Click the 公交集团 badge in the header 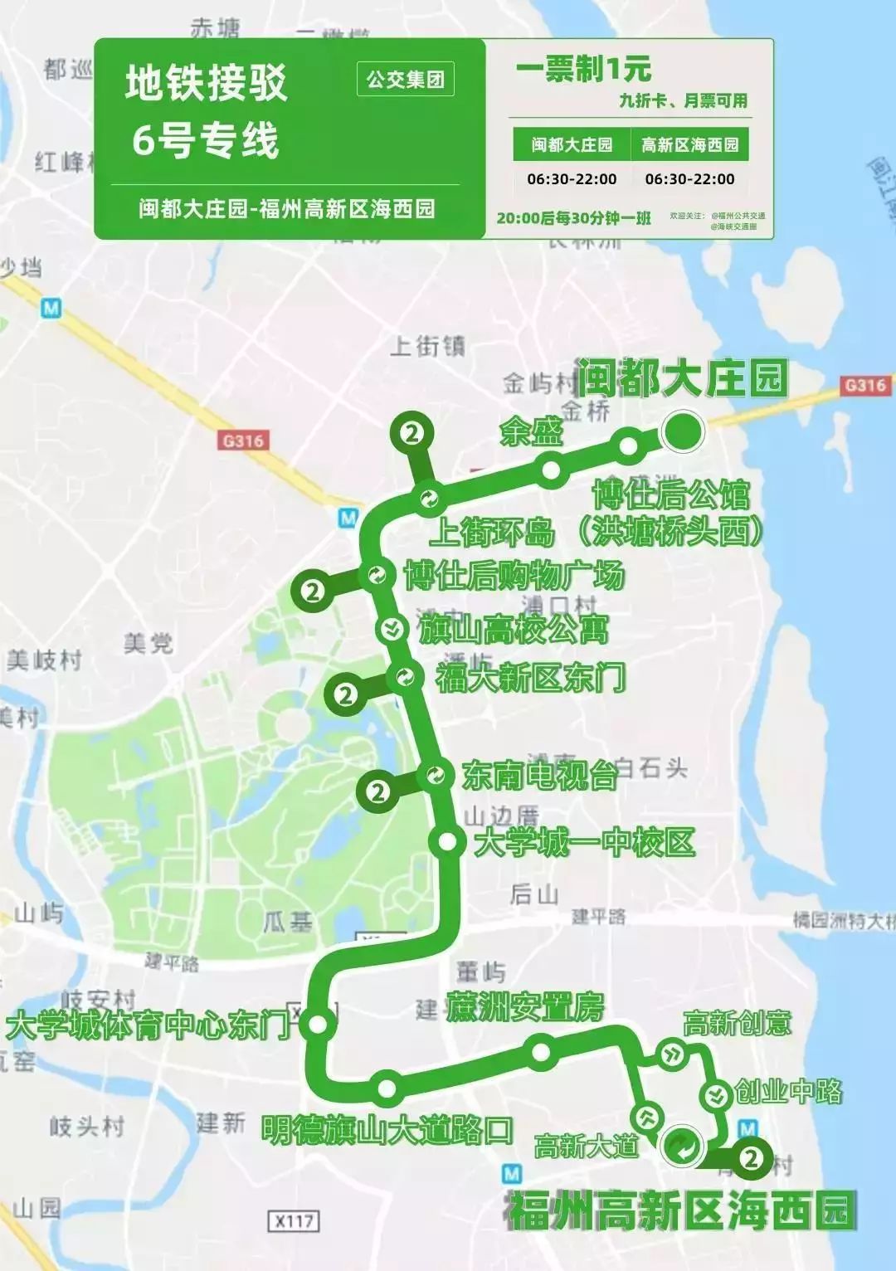click(406, 80)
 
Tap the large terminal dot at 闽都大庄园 click(683, 431)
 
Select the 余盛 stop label click(531, 431)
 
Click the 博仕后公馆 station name click(670, 495)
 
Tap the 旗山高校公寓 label click(513, 629)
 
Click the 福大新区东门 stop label click(531, 678)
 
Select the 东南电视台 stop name click(539, 776)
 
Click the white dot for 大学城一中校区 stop click(447, 841)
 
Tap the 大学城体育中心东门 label click(148, 1025)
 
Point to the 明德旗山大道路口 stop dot click(387, 1084)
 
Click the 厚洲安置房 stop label click(525, 1007)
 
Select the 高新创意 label click(737, 1023)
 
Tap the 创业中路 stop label click(788, 1091)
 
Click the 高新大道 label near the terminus click(586, 1146)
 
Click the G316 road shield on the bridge click(865, 385)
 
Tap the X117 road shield click(294, 1220)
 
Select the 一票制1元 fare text click(583, 69)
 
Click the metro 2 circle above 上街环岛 click(412, 432)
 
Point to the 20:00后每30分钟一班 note click(574, 218)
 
